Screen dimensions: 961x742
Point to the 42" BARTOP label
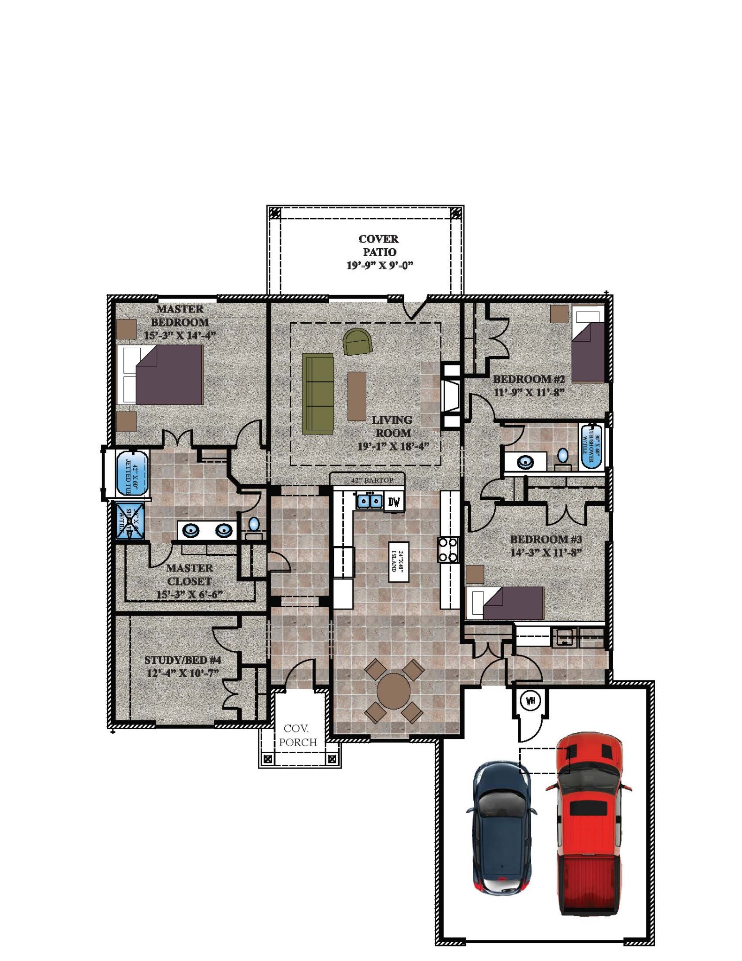(x=371, y=480)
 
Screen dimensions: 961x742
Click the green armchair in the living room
(x=358, y=341)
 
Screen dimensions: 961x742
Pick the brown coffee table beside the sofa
(x=356, y=396)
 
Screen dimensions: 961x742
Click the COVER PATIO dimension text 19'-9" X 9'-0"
(x=379, y=266)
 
